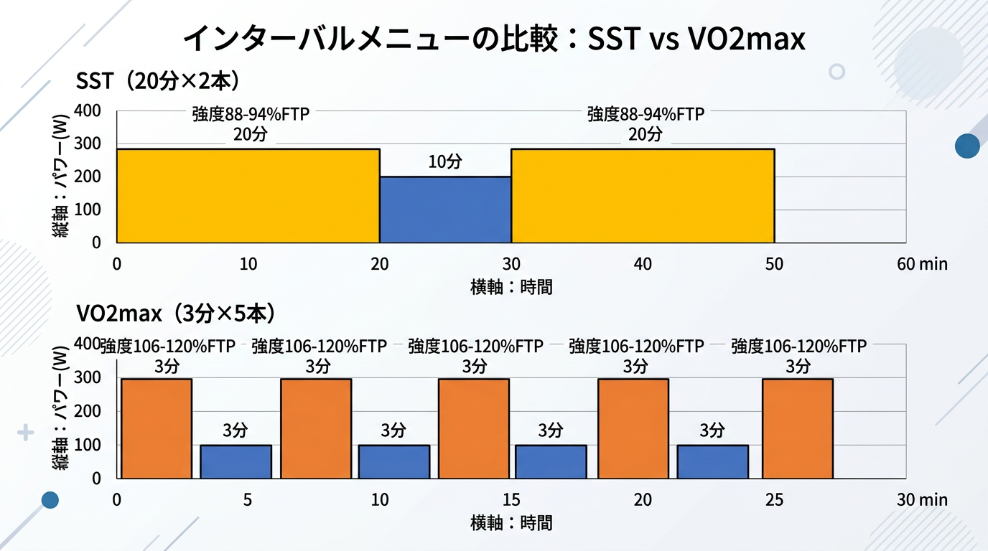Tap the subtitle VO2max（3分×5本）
tap(176, 314)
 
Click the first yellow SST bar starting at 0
tap(248, 196)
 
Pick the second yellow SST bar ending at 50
tap(643, 196)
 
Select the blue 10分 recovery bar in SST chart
tap(445, 209)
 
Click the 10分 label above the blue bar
tap(445, 162)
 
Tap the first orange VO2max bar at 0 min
tap(157, 428)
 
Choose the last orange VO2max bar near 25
tap(798, 428)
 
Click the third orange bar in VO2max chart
tap(474, 428)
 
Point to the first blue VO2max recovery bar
tap(236, 461)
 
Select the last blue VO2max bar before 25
tap(712, 461)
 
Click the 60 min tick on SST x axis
tap(922, 264)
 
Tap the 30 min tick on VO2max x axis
tap(922, 499)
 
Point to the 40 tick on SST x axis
tap(643, 264)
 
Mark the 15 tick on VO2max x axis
tap(511, 499)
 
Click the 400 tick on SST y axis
tap(87, 111)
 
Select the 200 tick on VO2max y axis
tap(87, 411)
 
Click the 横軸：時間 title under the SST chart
tap(511, 287)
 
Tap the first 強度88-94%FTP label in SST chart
tap(251, 115)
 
